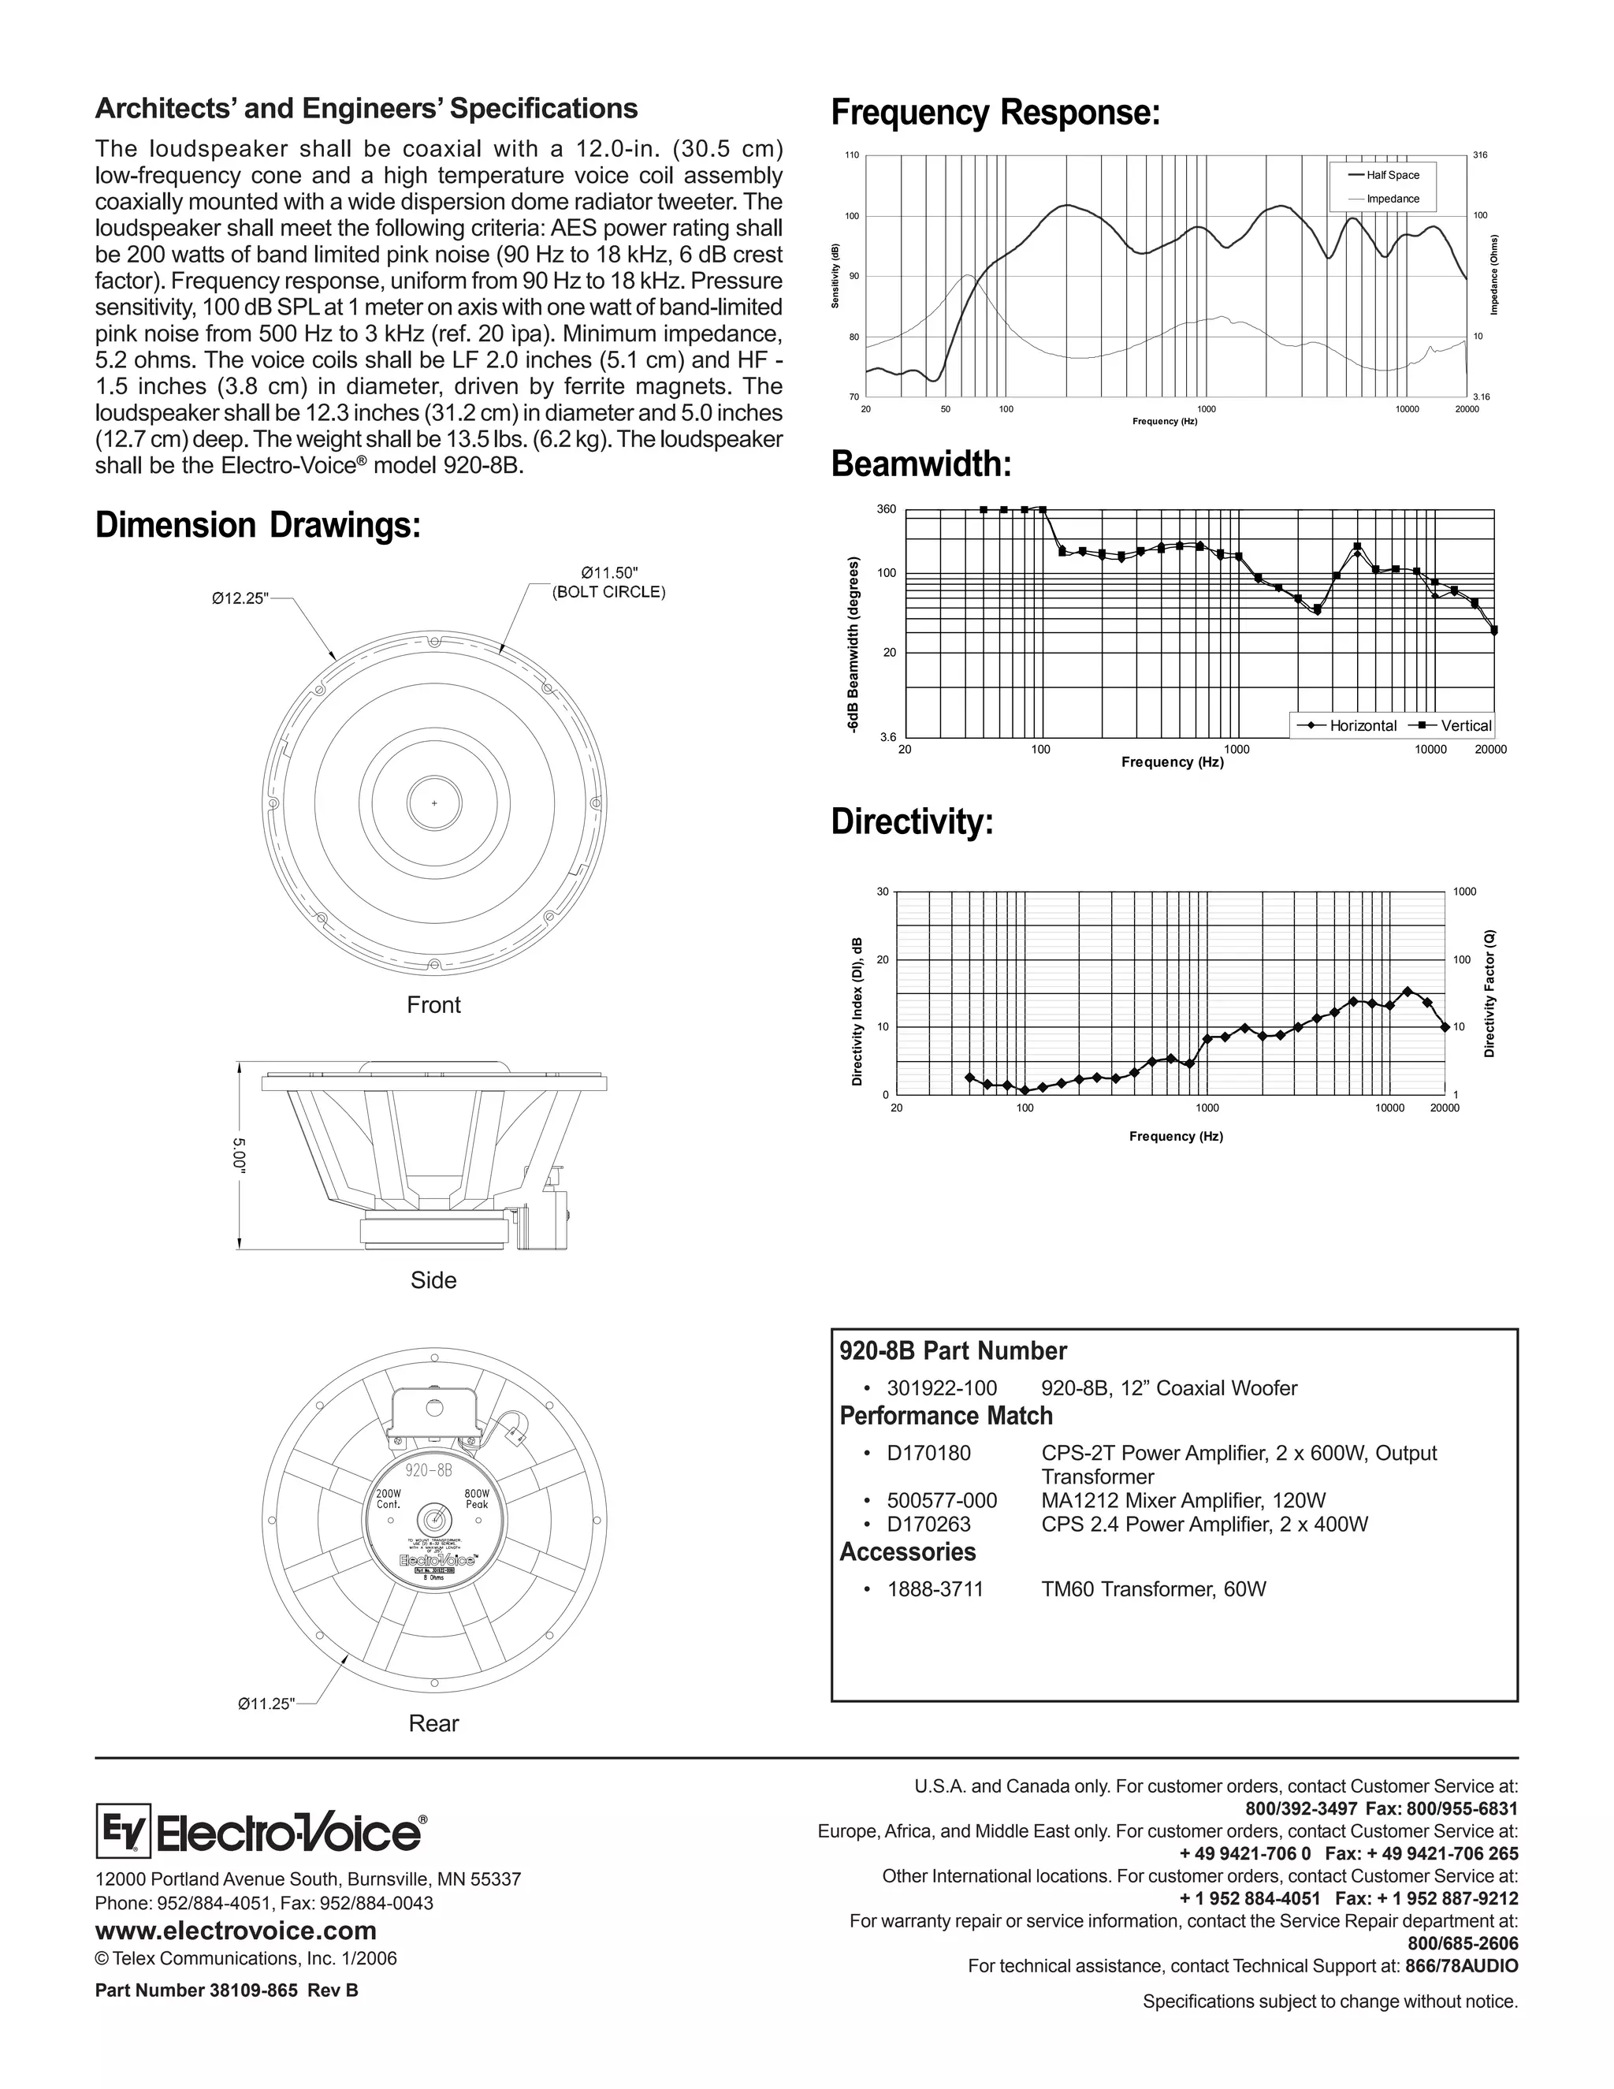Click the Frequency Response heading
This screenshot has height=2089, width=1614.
click(x=995, y=113)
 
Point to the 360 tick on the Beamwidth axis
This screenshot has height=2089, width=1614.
click(x=887, y=509)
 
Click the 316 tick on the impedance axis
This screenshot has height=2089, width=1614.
click(x=1479, y=155)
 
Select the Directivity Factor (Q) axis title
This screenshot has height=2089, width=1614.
click(x=1489, y=992)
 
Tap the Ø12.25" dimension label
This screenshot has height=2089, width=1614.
click(x=240, y=599)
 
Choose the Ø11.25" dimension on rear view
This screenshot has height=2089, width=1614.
click(x=266, y=1704)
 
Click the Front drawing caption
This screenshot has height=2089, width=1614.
click(x=433, y=1004)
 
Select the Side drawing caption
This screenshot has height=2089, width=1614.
click(x=433, y=1279)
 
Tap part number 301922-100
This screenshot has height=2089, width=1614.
click(x=942, y=1388)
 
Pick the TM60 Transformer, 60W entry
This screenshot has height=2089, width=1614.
click(x=1153, y=1588)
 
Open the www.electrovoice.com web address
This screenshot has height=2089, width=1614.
click(x=235, y=1931)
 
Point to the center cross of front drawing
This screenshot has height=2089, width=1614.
click(x=434, y=803)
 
